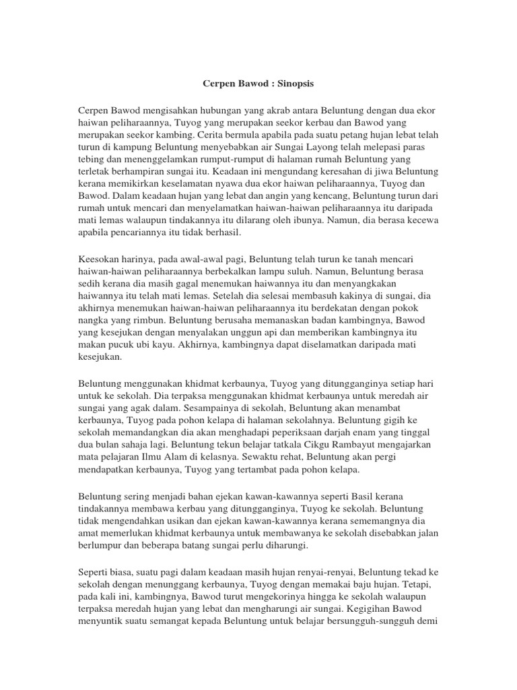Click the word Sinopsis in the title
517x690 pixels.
click(296, 85)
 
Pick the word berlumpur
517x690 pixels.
click(101, 545)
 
